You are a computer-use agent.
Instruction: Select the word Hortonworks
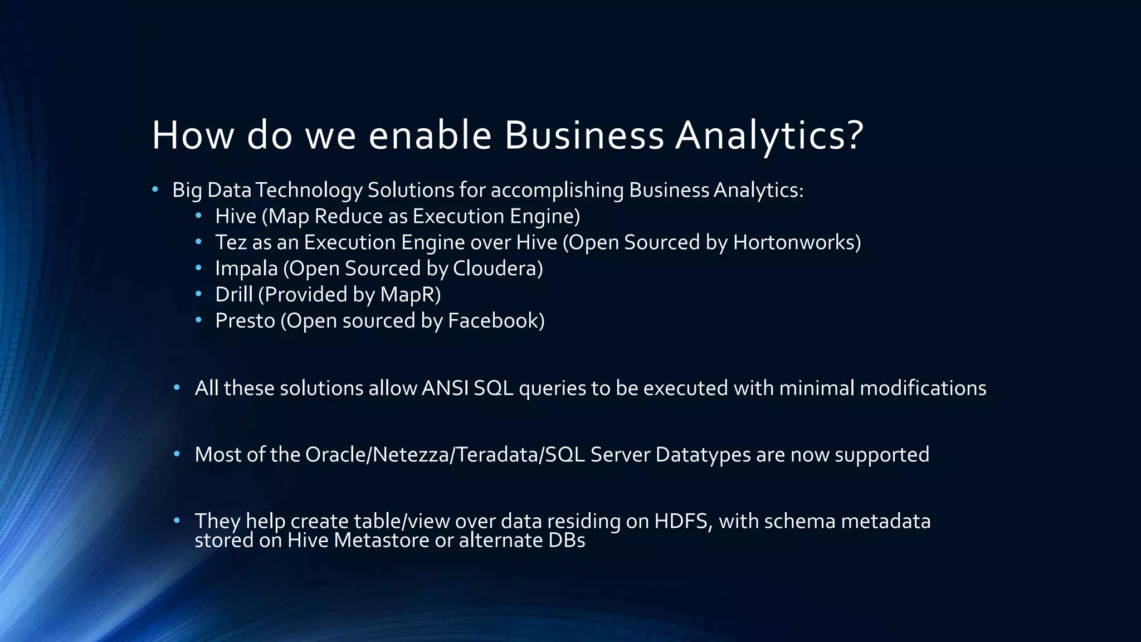[794, 242]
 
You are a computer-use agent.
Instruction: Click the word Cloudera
[495, 269]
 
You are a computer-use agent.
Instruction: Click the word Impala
[246, 269]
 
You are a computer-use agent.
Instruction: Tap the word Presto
[245, 321]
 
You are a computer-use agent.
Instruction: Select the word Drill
[234, 295]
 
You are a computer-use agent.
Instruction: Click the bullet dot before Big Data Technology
[155, 189]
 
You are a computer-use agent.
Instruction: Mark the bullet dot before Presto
[199, 320]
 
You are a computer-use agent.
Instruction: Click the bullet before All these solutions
[177, 387]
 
